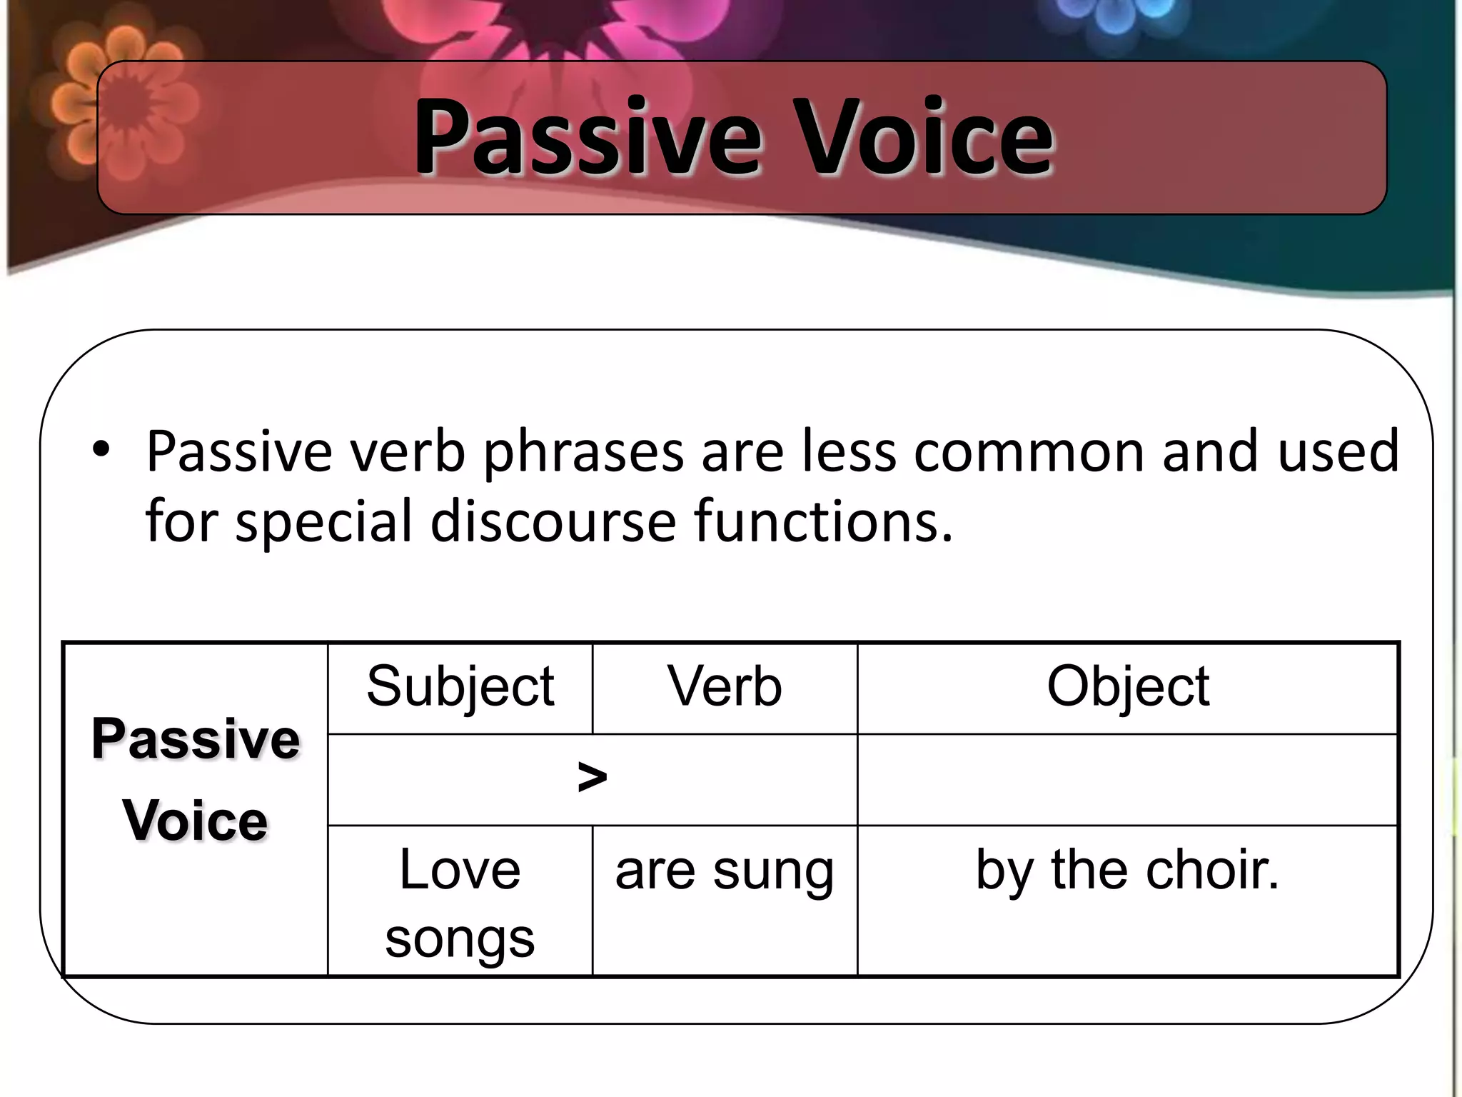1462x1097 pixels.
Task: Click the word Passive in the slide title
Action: [587, 137]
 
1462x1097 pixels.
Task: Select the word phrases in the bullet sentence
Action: [583, 453]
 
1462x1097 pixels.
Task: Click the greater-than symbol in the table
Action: [592, 778]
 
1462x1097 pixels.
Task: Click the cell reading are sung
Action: [725, 871]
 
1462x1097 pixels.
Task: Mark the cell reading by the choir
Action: [1128, 871]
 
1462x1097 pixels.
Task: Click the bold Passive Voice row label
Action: [196, 780]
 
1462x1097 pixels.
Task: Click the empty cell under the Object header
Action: [1128, 779]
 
